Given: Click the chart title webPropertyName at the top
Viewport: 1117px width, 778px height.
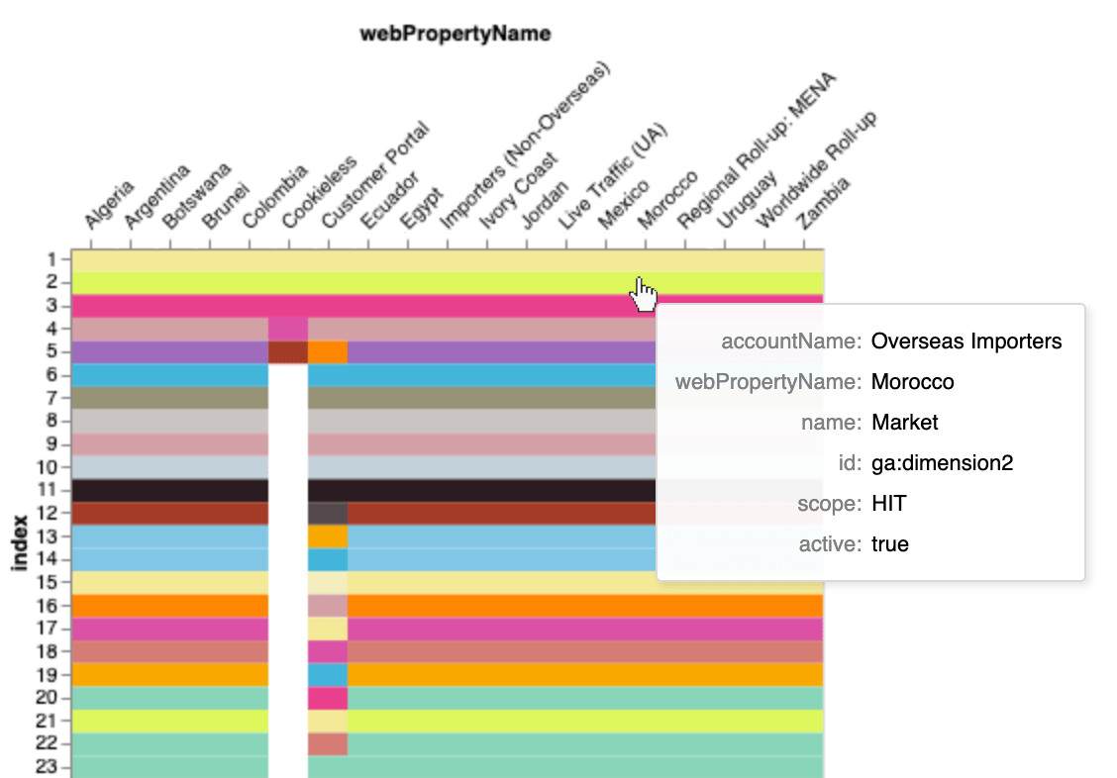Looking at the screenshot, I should tap(455, 35).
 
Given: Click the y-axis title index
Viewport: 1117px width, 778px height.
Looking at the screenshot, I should tap(19, 541).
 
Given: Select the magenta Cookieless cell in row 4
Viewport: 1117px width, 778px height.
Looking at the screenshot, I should tap(288, 329).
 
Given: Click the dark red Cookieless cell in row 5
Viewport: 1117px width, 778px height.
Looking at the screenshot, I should tap(288, 351).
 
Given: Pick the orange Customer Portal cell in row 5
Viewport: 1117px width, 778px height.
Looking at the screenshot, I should tap(328, 351).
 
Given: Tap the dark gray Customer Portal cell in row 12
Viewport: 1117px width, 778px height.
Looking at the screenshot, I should tap(328, 513).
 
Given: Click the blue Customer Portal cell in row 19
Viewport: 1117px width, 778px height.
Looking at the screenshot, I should tap(328, 674).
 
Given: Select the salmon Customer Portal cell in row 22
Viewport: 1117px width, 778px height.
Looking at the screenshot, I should tap(328, 743).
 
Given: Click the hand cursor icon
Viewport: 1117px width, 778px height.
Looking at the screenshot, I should tap(644, 293).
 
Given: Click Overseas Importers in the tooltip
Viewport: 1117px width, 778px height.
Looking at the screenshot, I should tap(966, 341).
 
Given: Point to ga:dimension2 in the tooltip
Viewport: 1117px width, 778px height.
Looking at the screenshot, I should tap(942, 463).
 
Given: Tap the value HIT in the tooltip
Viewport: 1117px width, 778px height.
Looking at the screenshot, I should tap(888, 504).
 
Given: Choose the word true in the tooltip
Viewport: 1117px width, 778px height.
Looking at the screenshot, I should tap(890, 544).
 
